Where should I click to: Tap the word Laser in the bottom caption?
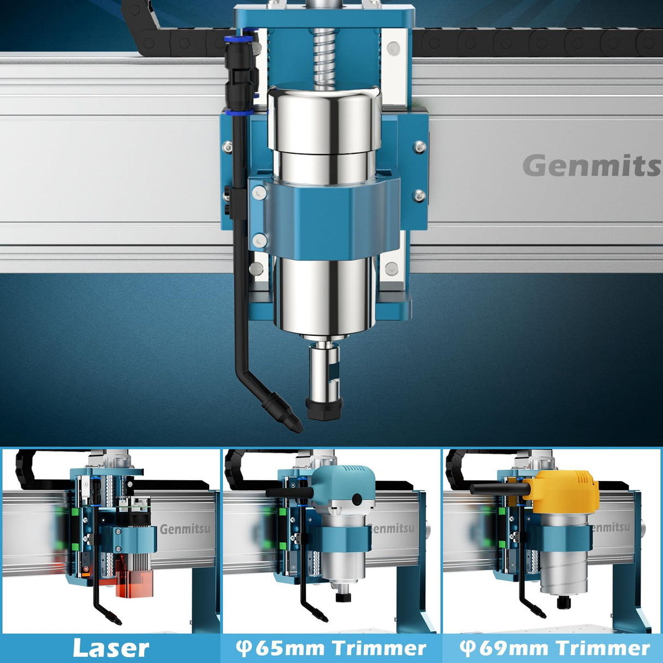click(x=111, y=648)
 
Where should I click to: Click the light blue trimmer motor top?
click(x=343, y=486)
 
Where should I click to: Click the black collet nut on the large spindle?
click(x=324, y=408)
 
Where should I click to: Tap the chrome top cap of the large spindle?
click(x=324, y=117)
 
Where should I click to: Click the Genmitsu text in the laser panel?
click(x=185, y=529)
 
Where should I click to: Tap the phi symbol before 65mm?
click(x=243, y=648)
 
